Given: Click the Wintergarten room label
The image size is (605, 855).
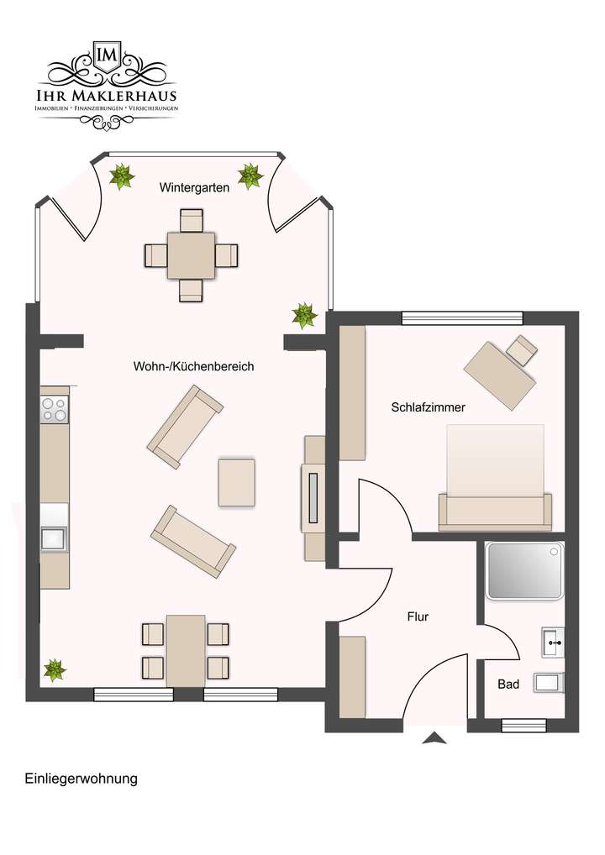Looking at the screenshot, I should pos(194,188).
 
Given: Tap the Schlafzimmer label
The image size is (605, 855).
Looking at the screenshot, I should pos(429,407).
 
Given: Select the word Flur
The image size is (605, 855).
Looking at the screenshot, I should pos(418,616).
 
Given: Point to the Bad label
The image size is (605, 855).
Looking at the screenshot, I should pos(508,685).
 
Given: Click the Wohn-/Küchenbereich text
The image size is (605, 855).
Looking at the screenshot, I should pos(193,367).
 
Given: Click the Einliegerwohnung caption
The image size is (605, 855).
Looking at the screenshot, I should pos(81,779).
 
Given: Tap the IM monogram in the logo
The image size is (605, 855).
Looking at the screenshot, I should pos(107,55).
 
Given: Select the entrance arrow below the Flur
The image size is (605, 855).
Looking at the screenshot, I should pos(434,738).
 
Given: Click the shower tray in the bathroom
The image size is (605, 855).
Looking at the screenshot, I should pos(525,570).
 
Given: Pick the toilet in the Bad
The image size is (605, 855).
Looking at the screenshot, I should pos(550,682).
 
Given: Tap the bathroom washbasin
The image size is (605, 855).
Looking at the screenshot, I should pos(554,643).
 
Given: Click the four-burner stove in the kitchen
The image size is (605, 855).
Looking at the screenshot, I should pos(55,409).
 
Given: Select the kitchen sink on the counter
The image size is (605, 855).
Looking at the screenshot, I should pos(55,537).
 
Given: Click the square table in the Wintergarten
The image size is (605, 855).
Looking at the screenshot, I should pos(191,255).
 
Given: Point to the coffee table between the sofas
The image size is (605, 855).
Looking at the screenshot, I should pos(236,482).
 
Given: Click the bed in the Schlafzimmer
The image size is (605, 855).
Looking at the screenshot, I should pos(495,476).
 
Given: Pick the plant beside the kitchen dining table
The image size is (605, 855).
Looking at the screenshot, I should pos(55,669).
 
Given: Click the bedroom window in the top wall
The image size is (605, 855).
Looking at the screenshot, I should pos(461,317).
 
